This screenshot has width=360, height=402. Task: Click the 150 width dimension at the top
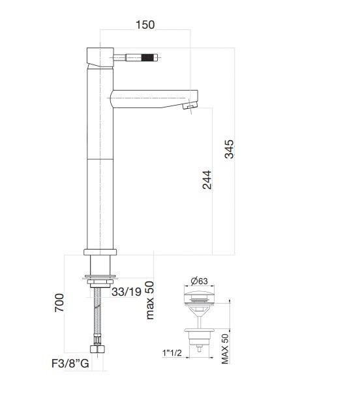(x=145, y=25)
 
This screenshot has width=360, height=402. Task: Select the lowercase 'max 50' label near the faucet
(x=149, y=300)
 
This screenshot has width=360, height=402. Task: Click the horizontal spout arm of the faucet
(x=150, y=98)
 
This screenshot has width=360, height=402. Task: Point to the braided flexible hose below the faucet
(x=98, y=319)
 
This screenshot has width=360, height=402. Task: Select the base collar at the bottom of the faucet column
(x=100, y=253)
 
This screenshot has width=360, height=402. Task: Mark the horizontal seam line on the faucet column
(x=99, y=158)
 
